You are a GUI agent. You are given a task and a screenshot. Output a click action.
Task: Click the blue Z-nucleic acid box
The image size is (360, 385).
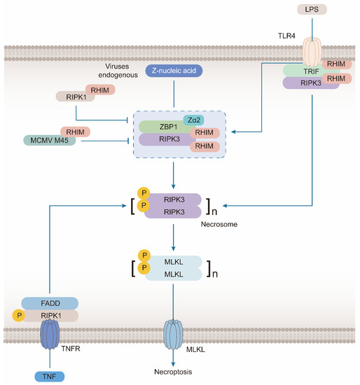tap(173, 71)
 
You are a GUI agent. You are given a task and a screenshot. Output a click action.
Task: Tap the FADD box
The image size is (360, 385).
tap(49, 303)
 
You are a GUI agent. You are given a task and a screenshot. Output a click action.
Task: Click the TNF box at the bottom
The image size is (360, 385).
tap(52, 376)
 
